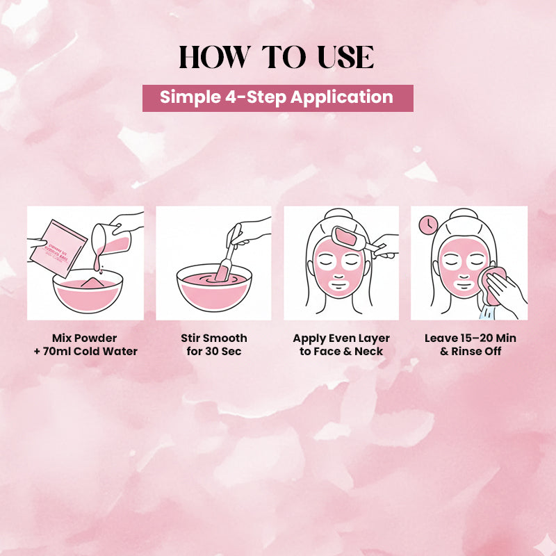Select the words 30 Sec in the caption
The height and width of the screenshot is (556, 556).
click(x=223, y=351)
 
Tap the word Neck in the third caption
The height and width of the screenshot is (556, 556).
click(x=368, y=351)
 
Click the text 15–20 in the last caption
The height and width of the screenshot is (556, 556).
click(x=474, y=338)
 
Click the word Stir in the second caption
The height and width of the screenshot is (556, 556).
click(x=193, y=338)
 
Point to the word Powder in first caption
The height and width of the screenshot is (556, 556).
click(x=97, y=338)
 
